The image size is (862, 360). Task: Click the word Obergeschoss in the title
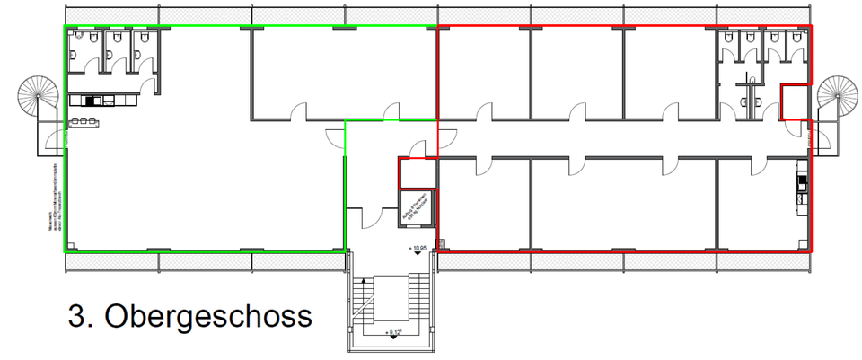(208, 316)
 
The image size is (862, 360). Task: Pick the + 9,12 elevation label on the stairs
(392, 333)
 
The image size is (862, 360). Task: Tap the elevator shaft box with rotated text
(417, 209)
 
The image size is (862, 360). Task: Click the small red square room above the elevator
(417, 173)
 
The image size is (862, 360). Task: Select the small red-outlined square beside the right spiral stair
(793, 101)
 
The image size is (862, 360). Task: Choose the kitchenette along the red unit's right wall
(802, 187)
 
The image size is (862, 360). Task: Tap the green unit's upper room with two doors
(341, 72)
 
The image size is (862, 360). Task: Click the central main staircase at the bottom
(392, 301)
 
